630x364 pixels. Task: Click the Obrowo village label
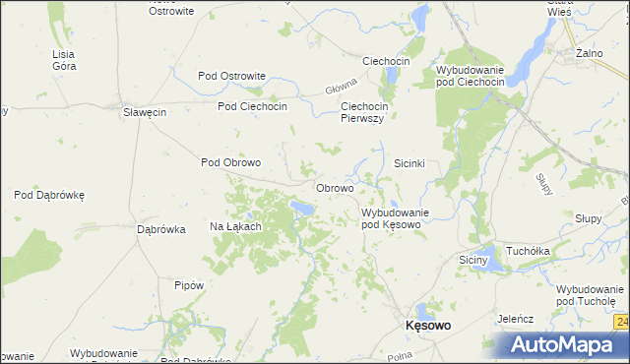coord(335,187)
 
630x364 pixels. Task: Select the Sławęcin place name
coord(144,112)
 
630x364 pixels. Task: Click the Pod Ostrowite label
coord(232,76)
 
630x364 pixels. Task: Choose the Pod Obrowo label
coord(230,162)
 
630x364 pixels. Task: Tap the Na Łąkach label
coord(235,226)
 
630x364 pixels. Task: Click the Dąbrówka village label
coord(161,229)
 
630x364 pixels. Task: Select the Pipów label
coord(188,285)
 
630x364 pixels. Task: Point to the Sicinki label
coord(409,163)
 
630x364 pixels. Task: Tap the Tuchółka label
coord(528,251)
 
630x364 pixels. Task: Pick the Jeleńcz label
coord(515,319)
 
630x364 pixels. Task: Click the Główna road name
coord(338,88)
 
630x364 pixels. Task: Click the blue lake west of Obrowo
coord(302,208)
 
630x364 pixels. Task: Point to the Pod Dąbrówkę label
coord(49,195)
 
